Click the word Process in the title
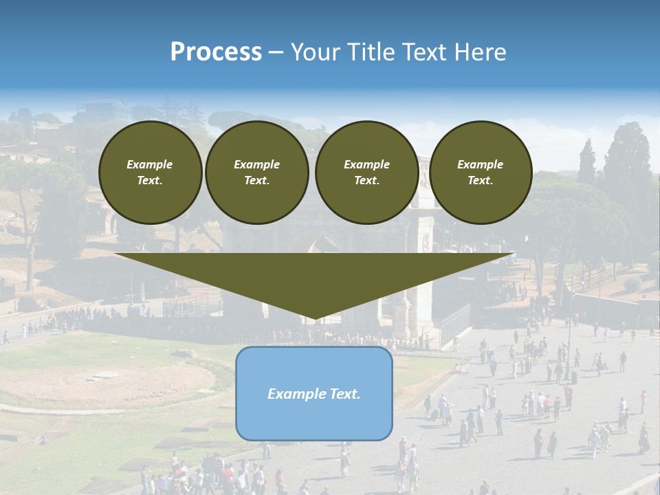(216, 52)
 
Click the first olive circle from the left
(150, 172)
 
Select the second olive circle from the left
(256, 172)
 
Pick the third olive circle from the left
(366, 172)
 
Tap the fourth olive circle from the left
(481, 172)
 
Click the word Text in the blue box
(345, 394)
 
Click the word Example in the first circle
(150, 164)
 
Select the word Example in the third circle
(366, 164)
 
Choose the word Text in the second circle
(256, 181)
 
